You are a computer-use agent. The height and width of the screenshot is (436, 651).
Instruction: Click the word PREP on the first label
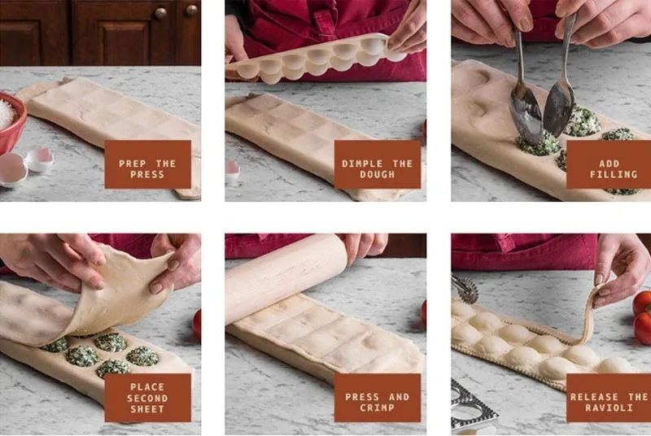point(133,163)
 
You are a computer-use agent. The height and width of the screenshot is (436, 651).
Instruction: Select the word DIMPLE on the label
point(361,163)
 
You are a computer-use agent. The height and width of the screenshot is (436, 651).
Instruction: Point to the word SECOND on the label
point(147,398)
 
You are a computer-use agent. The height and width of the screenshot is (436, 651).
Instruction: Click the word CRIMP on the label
point(378,408)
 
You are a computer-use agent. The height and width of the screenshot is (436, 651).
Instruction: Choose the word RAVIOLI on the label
point(609,408)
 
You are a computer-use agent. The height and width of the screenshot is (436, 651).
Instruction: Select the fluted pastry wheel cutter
point(465,288)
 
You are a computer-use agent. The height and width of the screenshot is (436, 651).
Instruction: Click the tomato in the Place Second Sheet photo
point(197,324)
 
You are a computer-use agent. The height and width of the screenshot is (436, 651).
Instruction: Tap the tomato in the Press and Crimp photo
point(423,313)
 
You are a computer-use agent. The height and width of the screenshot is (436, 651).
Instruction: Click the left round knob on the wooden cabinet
point(161,14)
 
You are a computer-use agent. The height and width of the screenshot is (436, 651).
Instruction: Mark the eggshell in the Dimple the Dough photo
point(232,168)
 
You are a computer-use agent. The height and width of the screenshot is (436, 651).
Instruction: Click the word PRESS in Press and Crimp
point(362,397)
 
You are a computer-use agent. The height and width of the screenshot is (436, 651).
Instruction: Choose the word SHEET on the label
point(147,408)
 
